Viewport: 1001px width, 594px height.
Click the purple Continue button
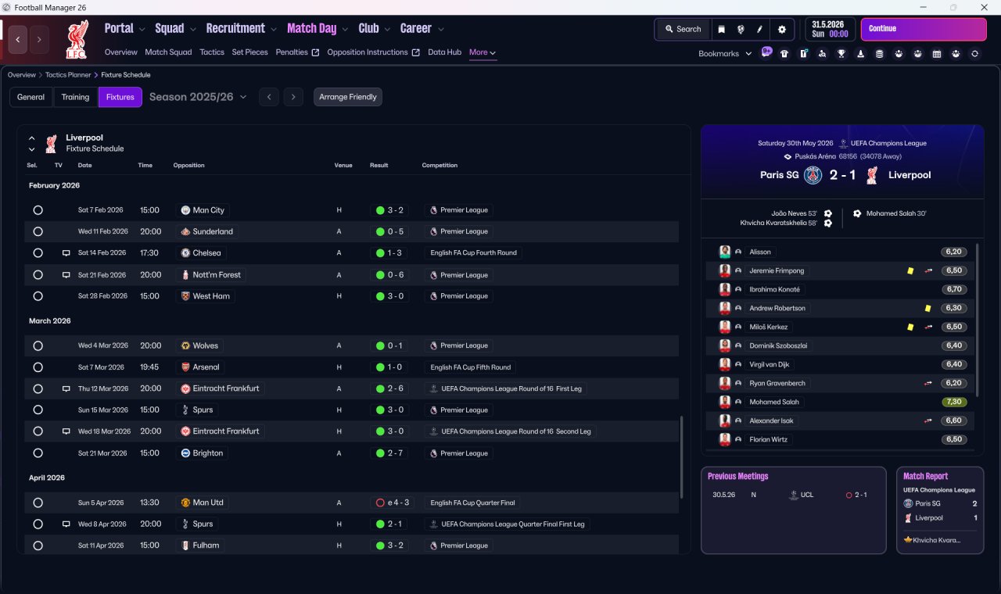click(924, 29)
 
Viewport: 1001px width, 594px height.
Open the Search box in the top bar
click(683, 29)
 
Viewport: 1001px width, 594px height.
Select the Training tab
click(75, 97)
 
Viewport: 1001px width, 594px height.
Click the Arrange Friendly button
click(348, 97)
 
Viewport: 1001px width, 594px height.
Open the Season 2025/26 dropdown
click(198, 97)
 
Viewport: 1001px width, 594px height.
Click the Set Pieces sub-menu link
click(249, 52)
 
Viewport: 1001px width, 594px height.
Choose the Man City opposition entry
click(203, 210)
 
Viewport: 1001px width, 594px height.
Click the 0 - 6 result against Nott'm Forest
click(389, 274)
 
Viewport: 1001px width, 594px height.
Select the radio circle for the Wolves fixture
click(38, 345)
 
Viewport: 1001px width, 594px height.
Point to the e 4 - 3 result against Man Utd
click(393, 503)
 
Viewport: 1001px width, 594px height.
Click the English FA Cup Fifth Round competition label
click(470, 367)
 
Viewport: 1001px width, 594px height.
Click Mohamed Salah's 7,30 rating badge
click(953, 402)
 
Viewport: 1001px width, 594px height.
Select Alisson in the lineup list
click(759, 252)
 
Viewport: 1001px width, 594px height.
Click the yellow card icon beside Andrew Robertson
click(927, 308)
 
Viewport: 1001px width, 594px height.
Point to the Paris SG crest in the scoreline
click(813, 175)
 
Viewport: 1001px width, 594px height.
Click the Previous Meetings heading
click(737, 476)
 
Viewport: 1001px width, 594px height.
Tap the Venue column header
click(343, 165)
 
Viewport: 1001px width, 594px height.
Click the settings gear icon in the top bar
click(781, 30)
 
